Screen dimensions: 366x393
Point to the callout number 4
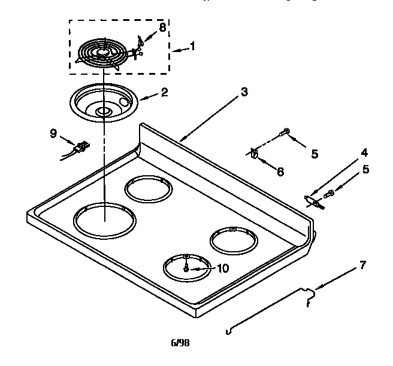364,152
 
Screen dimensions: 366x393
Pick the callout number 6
280,172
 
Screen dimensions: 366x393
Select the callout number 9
53,133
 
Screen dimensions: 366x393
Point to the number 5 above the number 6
314,154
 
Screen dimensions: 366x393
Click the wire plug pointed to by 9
80,147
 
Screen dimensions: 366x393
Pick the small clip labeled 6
255,154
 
